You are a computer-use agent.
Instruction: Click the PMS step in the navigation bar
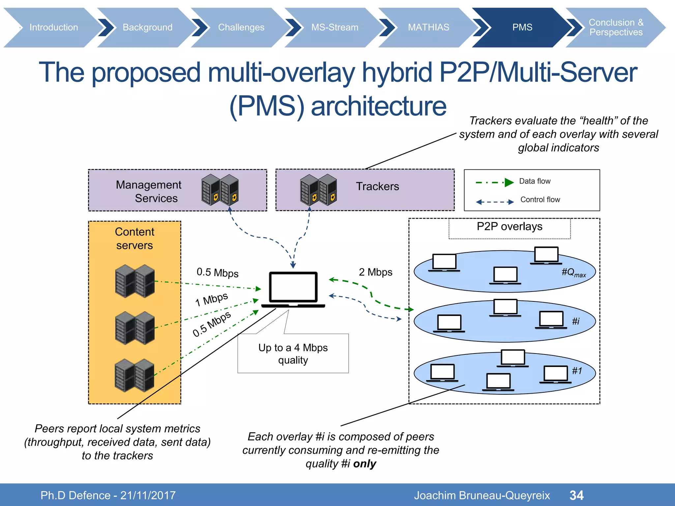click(522, 27)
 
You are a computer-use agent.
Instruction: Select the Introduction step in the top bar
click(54, 27)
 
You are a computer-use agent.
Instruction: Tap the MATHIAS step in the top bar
click(428, 27)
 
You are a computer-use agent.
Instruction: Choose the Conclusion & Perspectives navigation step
click(616, 27)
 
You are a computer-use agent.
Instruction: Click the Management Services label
click(148, 191)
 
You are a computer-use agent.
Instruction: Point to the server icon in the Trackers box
click(318, 190)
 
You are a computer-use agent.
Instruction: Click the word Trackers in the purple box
click(377, 186)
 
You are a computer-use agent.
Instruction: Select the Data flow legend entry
click(535, 181)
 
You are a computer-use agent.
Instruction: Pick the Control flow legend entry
click(540, 200)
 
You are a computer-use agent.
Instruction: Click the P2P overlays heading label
click(509, 227)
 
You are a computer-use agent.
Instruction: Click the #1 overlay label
click(577, 371)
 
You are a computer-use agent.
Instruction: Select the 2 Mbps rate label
click(375, 272)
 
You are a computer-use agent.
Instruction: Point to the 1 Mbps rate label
click(211, 299)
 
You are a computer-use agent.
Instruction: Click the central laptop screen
click(293, 287)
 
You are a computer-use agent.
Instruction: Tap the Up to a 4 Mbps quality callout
click(293, 353)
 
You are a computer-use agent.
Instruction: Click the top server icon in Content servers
click(135, 281)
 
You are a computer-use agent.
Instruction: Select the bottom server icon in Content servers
click(134, 375)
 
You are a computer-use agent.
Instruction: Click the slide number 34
click(576, 495)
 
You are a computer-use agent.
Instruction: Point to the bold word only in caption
click(365, 464)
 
